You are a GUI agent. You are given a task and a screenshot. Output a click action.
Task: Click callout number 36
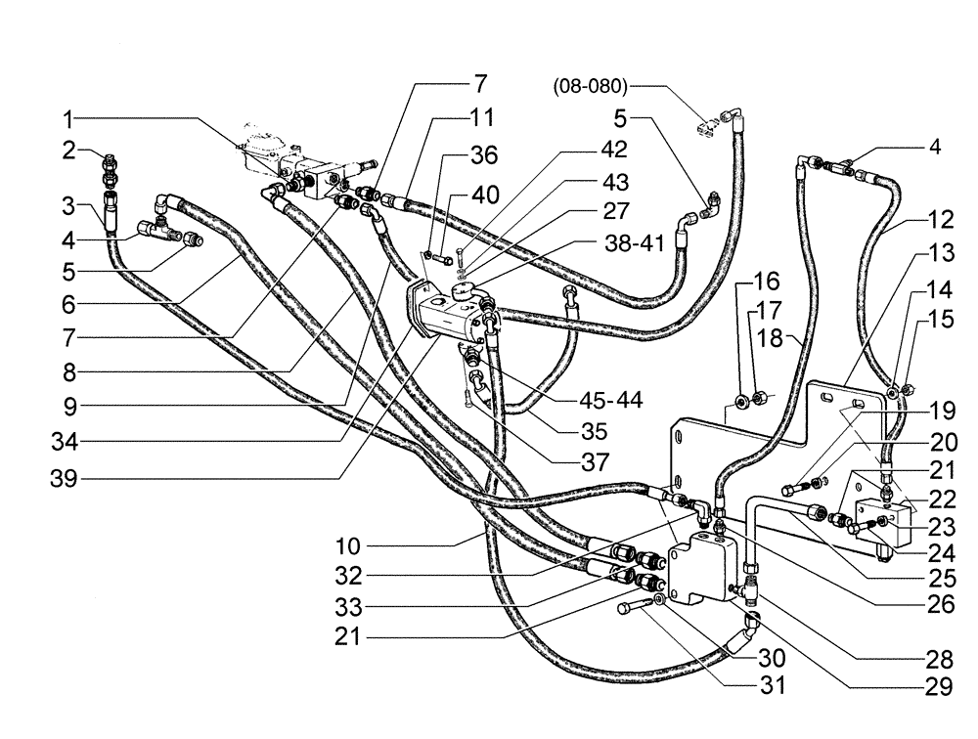click(483, 156)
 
